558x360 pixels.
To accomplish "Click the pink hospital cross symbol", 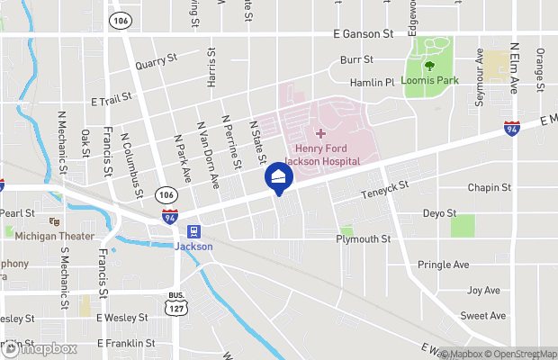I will coord(320,133).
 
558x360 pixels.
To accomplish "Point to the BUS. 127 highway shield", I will coord(175,304).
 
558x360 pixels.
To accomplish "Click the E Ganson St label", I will coord(363,34).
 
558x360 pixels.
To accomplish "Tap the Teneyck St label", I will coord(385,190).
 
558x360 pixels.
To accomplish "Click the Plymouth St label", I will coord(363,239).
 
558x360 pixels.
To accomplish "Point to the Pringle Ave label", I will coord(444,265).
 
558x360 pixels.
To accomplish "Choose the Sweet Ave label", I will coord(483,316).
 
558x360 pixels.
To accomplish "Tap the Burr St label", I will coord(355,60).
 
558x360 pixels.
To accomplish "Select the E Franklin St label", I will coord(125,343).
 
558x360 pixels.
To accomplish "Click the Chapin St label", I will coord(489,188).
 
